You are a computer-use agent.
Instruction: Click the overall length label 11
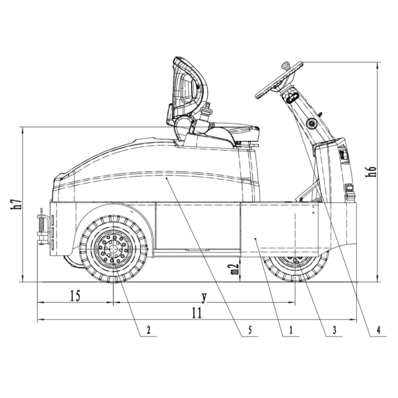[197, 313]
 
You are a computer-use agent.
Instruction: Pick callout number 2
[148, 330]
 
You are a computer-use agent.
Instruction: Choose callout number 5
[250, 330]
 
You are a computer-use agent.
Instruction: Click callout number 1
[291, 330]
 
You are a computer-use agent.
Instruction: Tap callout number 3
[335, 330]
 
